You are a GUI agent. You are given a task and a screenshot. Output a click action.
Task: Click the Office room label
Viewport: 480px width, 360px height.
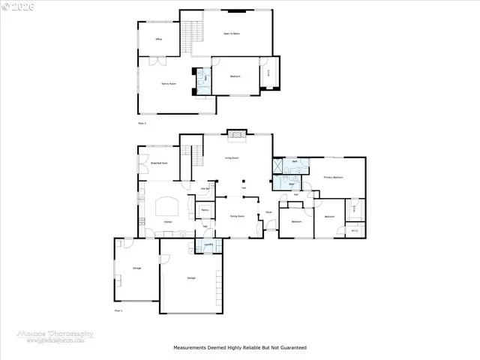tap(158, 38)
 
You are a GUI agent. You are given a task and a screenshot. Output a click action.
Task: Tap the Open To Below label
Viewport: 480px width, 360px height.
tap(232, 34)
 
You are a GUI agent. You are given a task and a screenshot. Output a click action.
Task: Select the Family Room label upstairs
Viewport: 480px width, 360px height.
tap(168, 83)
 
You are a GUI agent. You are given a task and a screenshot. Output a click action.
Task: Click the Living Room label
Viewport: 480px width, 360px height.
tap(232, 158)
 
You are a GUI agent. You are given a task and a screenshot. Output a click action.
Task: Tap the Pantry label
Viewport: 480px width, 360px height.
tap(205, 211)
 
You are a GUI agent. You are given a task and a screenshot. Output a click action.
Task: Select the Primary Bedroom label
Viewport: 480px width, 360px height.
tap(333, 177)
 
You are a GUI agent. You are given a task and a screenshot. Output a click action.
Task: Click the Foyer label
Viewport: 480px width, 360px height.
tap(268, 213)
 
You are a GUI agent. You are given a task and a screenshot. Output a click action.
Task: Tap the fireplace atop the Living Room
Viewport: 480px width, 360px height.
tap(237, 134)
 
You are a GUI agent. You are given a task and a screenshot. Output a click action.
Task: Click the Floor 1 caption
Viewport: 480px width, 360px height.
tap(118, 310)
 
